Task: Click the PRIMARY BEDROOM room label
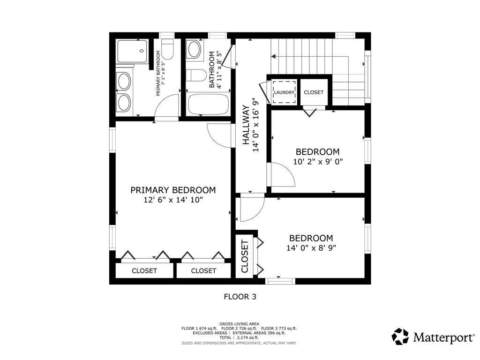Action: pos(173,190)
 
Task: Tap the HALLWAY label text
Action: pos(246,125)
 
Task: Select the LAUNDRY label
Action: pos(284,92)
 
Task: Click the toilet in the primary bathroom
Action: pos(167,49)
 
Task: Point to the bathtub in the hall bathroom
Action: pos(208,105)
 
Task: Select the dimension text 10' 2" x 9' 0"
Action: pos(318,161)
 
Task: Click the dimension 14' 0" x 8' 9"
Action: pos(311,247)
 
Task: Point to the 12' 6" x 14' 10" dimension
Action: pos(173,200)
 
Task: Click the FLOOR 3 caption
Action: pos(240,297)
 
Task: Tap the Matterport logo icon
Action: pos(400,337)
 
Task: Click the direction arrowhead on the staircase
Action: pos(273,56)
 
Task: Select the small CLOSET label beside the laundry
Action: pos(314,92)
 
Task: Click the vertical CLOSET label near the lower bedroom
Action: pos(245,256)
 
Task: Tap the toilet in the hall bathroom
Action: pos(196,75)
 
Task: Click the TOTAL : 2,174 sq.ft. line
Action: pos(239,337)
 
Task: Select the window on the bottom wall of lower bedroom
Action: pos(280,281)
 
